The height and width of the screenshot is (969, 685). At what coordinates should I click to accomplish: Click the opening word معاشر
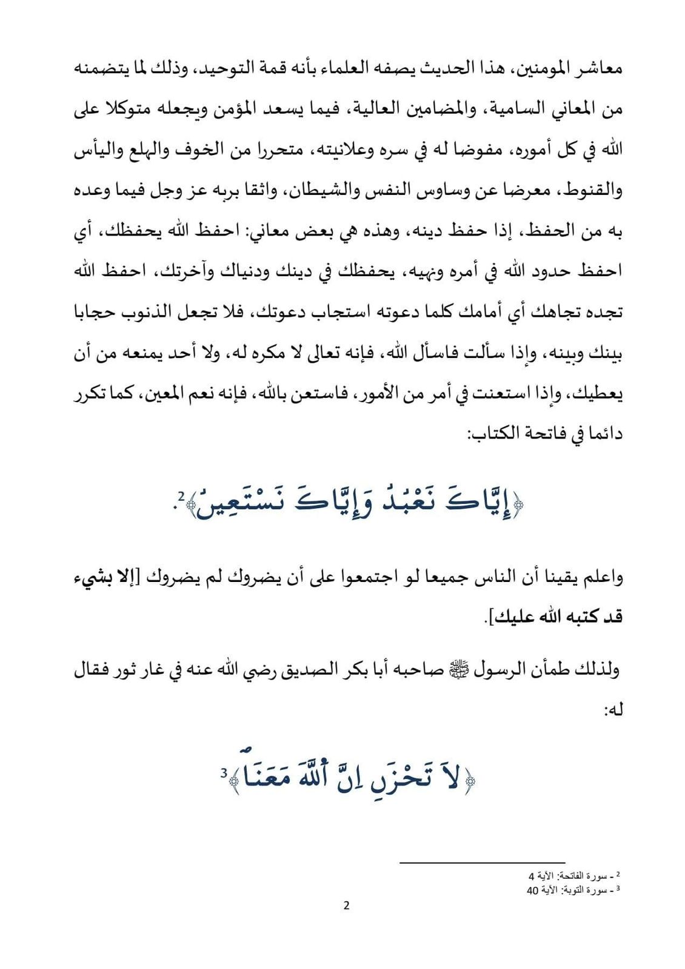coord(597,68)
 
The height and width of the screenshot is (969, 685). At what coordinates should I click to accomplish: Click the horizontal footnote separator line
coord(482,862)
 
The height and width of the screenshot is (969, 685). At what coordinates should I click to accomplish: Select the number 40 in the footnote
coord(533,890)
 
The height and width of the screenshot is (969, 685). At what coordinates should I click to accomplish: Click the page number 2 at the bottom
coord(346,906)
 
